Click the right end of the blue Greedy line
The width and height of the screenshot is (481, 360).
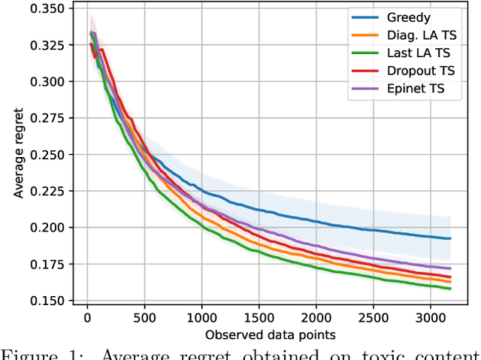coord(449,238)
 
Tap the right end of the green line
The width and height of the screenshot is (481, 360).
coord(449,288)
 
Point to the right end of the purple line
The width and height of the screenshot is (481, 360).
coord(449,268)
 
